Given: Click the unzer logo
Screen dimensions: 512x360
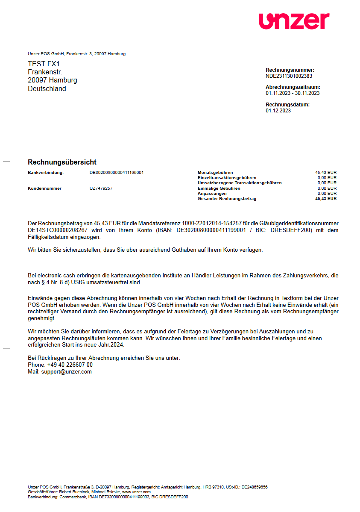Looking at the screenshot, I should click(294, 21).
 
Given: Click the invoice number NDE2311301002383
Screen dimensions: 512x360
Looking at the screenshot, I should click(289, 76).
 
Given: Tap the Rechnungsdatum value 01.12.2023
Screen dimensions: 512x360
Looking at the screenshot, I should click(278, 110).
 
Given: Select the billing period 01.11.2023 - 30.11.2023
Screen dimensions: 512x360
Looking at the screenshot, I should click(293, 93).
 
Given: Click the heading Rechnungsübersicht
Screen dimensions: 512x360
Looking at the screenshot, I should click(62, 162).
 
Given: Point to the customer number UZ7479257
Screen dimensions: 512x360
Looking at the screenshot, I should click(101, 188).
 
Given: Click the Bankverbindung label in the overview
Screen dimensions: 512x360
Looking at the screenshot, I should click(46, 173).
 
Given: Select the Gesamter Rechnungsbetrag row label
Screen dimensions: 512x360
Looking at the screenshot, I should click(227, 199).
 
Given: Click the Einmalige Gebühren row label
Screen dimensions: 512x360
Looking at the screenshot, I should click(219, 188).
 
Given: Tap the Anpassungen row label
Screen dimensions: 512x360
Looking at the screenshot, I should click(212, 194).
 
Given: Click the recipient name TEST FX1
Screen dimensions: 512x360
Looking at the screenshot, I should click(44, 64).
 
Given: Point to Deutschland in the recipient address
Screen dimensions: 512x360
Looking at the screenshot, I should click(47, 89).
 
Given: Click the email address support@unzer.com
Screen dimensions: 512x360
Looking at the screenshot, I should click(66, 372).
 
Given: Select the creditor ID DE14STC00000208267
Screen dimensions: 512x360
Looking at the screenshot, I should click(58, 230).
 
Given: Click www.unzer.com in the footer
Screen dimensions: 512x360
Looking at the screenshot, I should click(136, 492).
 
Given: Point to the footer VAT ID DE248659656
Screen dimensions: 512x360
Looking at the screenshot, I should click(255, 487).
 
